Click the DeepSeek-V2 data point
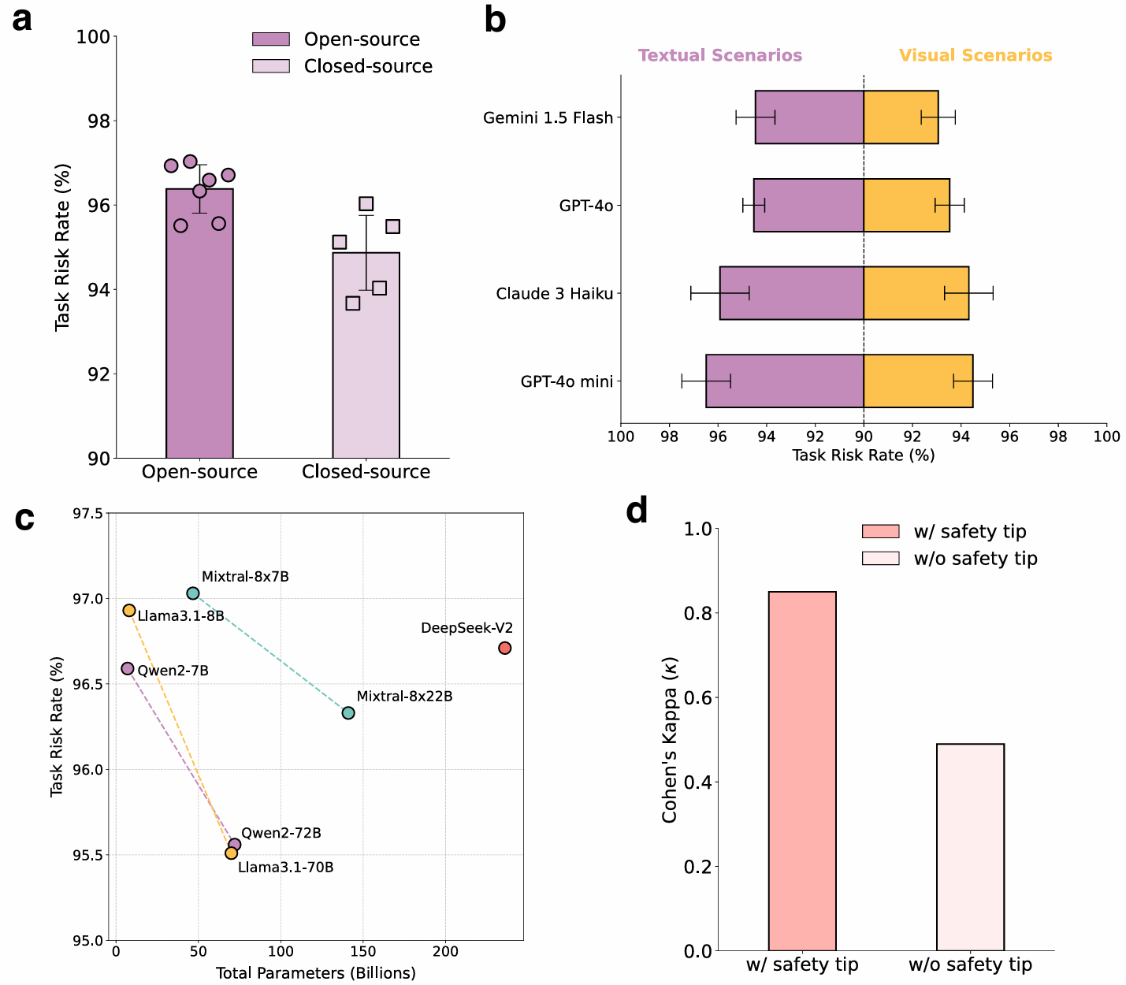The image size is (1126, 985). point(505,648)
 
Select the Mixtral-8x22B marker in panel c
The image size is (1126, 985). point(348,712)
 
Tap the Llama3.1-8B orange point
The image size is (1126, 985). point(129,610)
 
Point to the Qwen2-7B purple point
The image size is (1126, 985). point(128,668)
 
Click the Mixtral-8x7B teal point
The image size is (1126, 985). point(193,593)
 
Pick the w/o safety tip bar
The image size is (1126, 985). point(970,847)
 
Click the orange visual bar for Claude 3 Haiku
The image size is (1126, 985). point(916,293)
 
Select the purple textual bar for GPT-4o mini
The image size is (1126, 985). point(785,381)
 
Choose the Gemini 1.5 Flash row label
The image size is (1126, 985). point(548,118)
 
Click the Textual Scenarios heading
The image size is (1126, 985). point(720,56)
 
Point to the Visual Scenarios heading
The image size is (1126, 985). point(975,56)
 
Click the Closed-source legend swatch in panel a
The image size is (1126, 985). point(271,66)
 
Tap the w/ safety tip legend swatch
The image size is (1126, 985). point(880,531)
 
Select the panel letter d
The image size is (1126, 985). point(637,511)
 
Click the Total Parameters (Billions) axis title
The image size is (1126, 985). point(316,972)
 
